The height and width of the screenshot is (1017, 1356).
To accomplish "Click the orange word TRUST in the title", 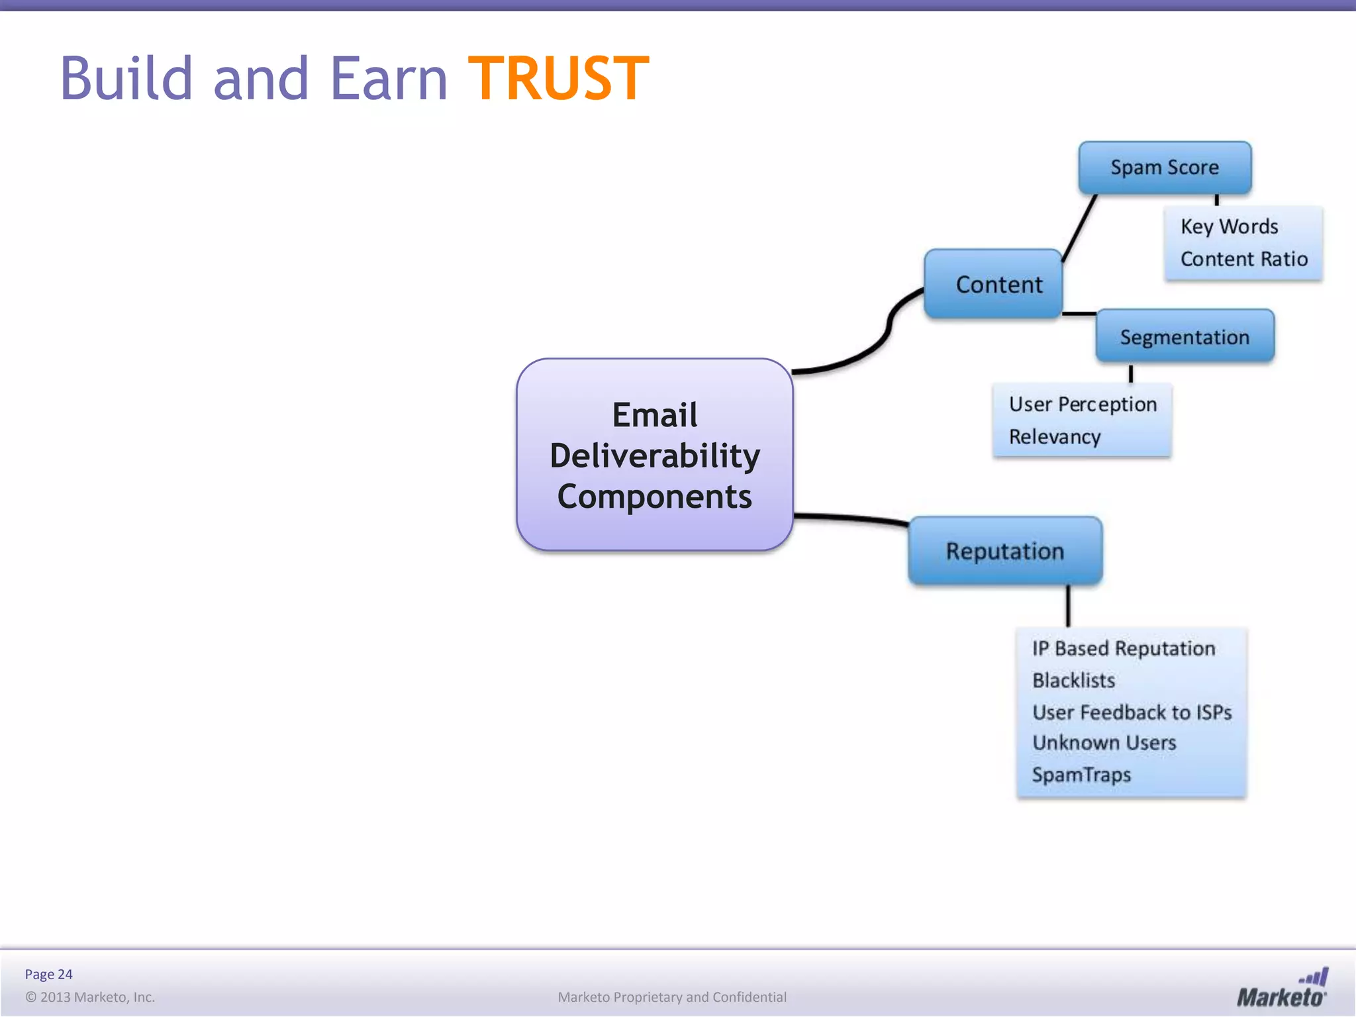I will pyautogui.click(x=558, y=79).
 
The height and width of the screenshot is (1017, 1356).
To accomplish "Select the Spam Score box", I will pyautogui.click(x=1165, y=168).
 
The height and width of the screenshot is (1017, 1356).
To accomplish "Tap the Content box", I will pyautogui.click(x=998, y=285).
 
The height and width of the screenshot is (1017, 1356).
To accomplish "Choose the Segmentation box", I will pyautogui.click(x=1185, y=337).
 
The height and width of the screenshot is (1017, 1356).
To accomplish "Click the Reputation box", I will pyautogui.click(x=1004, y=551).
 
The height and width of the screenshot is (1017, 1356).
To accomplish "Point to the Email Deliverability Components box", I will pyautogui.click(x=654, y=455).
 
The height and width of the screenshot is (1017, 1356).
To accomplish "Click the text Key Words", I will pyautogui.click(x=1229, y=226).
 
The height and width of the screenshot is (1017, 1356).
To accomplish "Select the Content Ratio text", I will pyautogui.click(x=1243, y=259).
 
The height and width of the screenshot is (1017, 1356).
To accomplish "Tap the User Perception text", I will pyautogui.click(x=1083, y=404).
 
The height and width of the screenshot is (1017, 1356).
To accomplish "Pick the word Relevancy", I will pyautogui.click(x=1055, y=437).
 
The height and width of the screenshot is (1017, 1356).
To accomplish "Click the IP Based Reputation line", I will pyautogui.click(x=1123, y=648).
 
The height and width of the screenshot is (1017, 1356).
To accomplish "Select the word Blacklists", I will pyautogui.click(x=1073, y=680).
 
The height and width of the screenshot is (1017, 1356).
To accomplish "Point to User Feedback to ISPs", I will pyautogui.click(x=1132, y=712).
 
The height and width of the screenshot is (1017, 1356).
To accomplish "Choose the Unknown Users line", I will pyautogui.click(x=1104, y=743).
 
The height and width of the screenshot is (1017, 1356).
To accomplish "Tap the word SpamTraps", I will pyautogui.click(x=1081, y=775).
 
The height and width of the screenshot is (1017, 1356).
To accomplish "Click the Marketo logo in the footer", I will pyautogui.click(x=1282, y=989).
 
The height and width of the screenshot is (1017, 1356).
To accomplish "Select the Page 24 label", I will pyautogui.click(x=48, y=974).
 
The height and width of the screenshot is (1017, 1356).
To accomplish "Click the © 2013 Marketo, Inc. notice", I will pyautogui.click(x=90, y=997).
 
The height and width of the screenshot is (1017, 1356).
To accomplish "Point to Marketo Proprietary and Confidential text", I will pyautogui.click(x=672, y=997).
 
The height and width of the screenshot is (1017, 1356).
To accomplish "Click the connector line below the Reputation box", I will pyautogui.click(x=1068, y=606).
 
